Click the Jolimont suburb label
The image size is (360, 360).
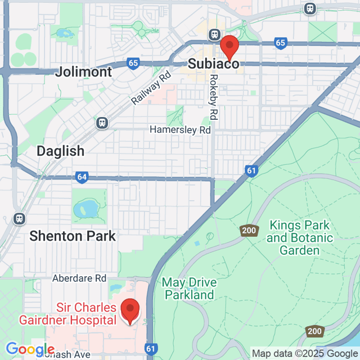pos(84,71)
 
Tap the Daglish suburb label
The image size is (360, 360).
pos(60,151)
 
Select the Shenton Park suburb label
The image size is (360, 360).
pos(73,235)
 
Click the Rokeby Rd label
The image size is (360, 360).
pos(213,97)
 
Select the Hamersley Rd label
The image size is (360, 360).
pos(179,129)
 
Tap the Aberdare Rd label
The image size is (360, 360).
pos(79,278)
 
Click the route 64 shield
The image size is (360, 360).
pos(82,177)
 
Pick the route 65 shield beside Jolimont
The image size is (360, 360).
pos(133,64)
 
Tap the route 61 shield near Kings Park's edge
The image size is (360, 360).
pos(251,170)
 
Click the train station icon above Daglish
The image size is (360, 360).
pos(102,123)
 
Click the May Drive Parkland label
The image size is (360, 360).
pos(188,288)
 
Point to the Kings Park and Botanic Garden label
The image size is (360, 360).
pos(300,237)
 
